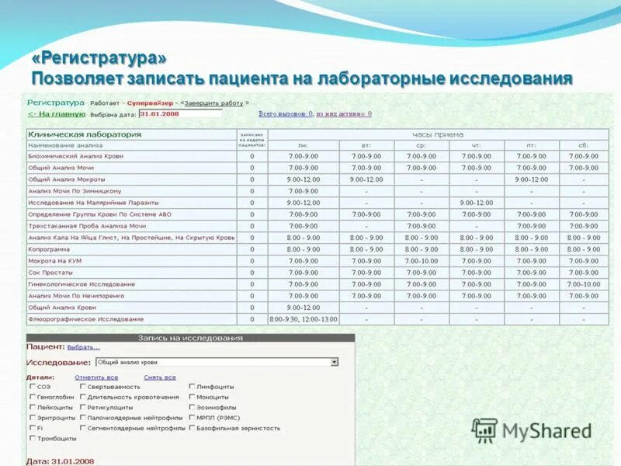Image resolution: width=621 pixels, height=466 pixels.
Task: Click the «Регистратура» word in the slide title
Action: pos(99,58)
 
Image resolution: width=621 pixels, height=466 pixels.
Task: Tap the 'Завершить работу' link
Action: pos(213,103)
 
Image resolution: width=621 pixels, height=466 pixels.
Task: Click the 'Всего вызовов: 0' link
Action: pos(286,113)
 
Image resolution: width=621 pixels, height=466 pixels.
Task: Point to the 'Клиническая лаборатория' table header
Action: pos(85,134)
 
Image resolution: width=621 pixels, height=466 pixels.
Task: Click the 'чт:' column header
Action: pos(477,145)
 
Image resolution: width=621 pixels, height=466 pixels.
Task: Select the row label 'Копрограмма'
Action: pos(49,249)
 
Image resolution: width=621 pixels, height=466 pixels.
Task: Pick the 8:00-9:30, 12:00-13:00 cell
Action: pos(304,319)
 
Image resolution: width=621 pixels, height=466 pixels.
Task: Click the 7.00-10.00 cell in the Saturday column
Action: pos(583,284)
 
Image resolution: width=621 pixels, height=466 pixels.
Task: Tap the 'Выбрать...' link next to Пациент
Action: pos(83,347)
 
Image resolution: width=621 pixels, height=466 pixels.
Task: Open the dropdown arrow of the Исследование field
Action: pos(335,362)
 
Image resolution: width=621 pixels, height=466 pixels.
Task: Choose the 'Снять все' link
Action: pos(160,377)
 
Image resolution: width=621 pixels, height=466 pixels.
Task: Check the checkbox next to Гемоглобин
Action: pos(32,397)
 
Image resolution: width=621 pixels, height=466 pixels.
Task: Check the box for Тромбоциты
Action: pos(32,439)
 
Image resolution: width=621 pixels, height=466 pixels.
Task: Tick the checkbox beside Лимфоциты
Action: pos(192,386)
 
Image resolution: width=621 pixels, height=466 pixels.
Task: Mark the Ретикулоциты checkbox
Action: pos(82,407)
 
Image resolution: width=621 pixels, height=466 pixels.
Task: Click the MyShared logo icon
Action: pos(485,430)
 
